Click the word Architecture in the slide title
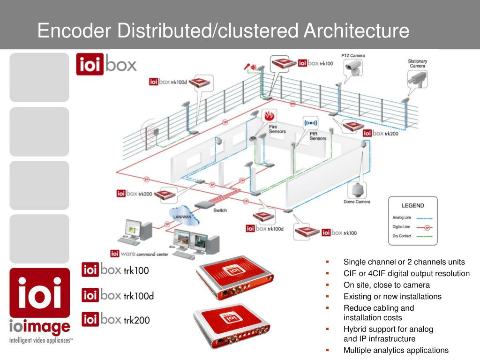[356, 31]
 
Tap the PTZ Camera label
[352, 56]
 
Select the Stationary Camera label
[417, 63]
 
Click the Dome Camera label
[357, 202]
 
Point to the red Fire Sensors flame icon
[269, 116]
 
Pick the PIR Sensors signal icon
[311, 123]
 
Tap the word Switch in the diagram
[220, 210]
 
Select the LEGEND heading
[412, 205]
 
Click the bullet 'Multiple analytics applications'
[396, 350]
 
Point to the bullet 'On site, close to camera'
[386, 285]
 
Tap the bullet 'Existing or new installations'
[392, 296]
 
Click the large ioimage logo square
[39, 292]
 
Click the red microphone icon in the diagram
[246, 67]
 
